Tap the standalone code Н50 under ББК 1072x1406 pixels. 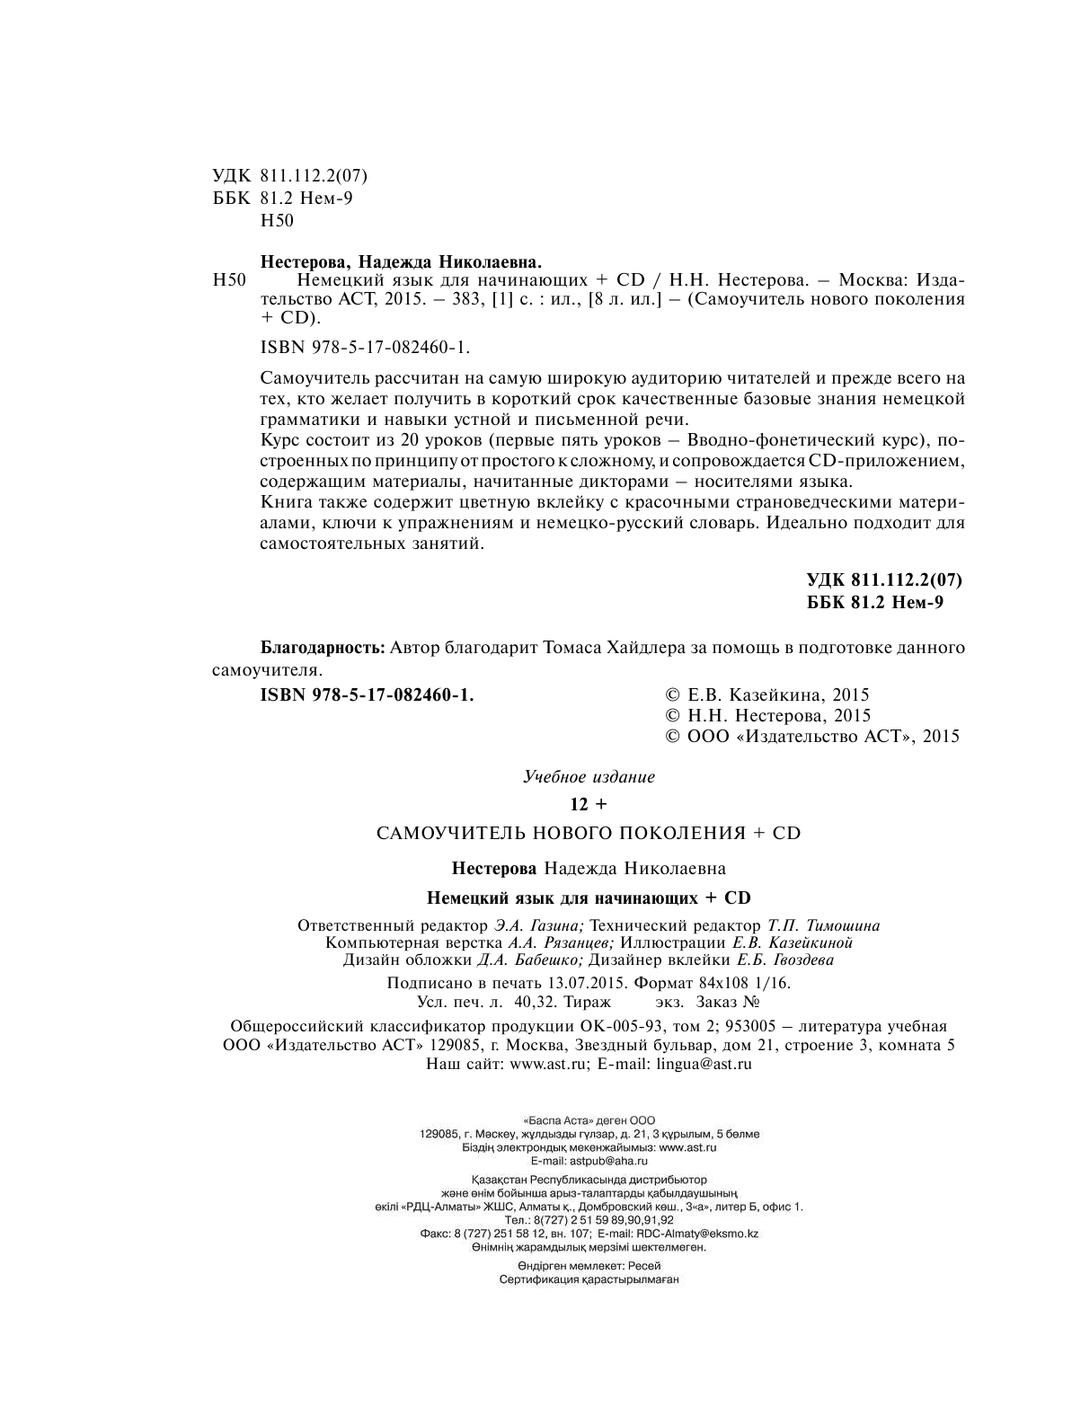[x=276, y=220]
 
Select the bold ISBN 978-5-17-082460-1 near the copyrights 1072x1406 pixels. [x=366, y=694]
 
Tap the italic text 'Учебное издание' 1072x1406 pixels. [x=589, y=777]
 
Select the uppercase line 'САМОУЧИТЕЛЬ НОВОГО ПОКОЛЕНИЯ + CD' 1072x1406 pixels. [x=589, y=833]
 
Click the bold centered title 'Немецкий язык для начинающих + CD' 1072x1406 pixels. [x=589, y=898]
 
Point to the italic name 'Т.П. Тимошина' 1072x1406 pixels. [x=824, y=925]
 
